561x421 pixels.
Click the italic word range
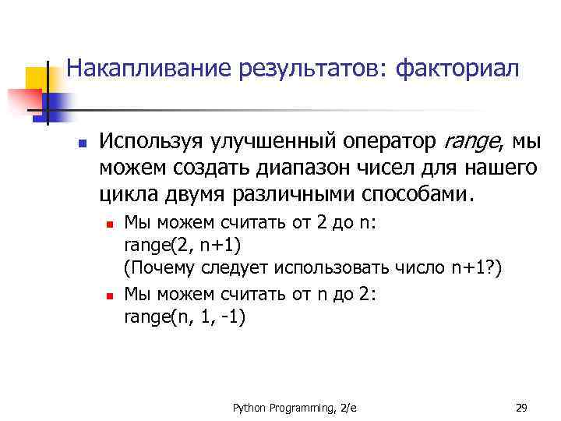(x=471, y=143)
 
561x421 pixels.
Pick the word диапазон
(x=315, y=168)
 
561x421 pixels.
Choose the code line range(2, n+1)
(x=183, y=246)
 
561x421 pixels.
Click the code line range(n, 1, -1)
(x=185, y=316)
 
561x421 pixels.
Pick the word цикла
(x=122, y=193)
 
